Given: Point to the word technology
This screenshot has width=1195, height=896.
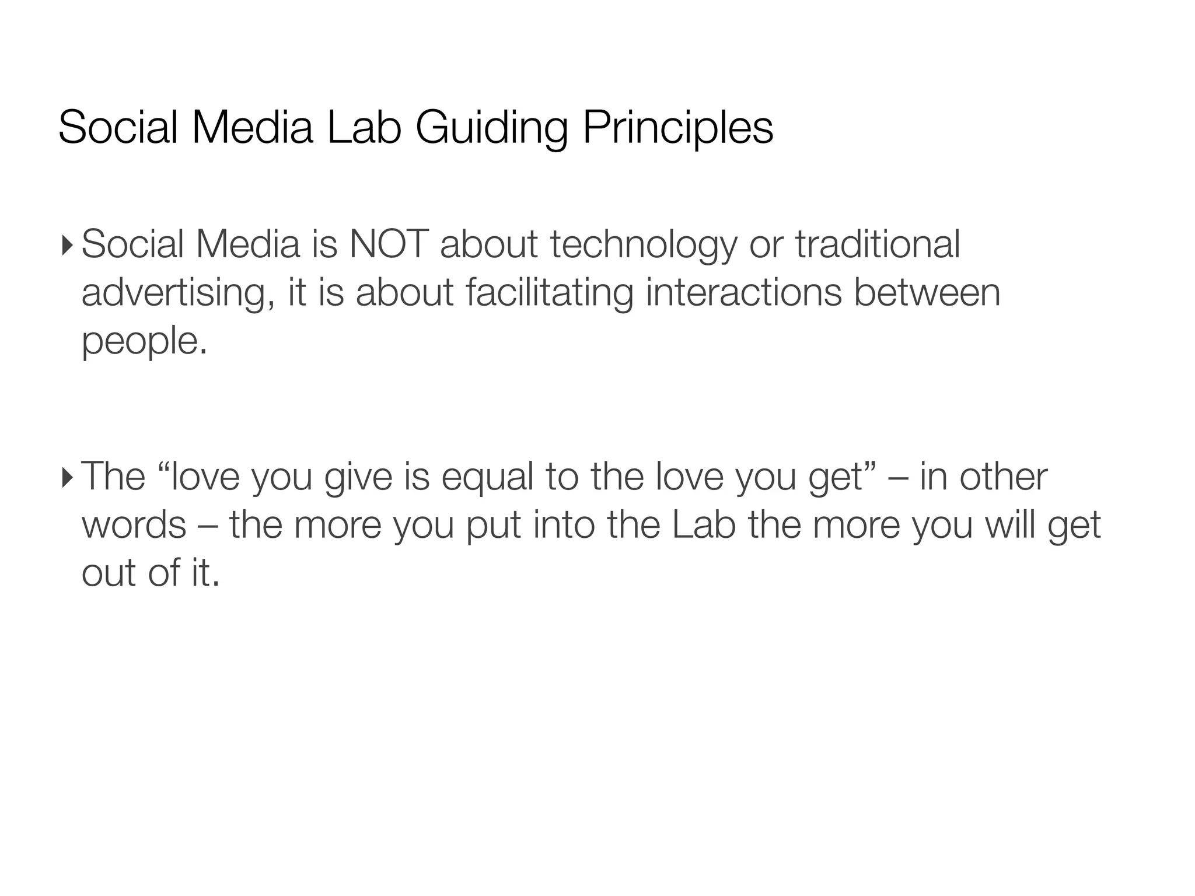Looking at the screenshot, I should click(644, 245).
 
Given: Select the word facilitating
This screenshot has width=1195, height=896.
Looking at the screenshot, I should click(550, 293).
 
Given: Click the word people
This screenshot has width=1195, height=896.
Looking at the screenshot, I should click(144, 342).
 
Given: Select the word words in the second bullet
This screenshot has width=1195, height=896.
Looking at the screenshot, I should click(134, 525).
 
